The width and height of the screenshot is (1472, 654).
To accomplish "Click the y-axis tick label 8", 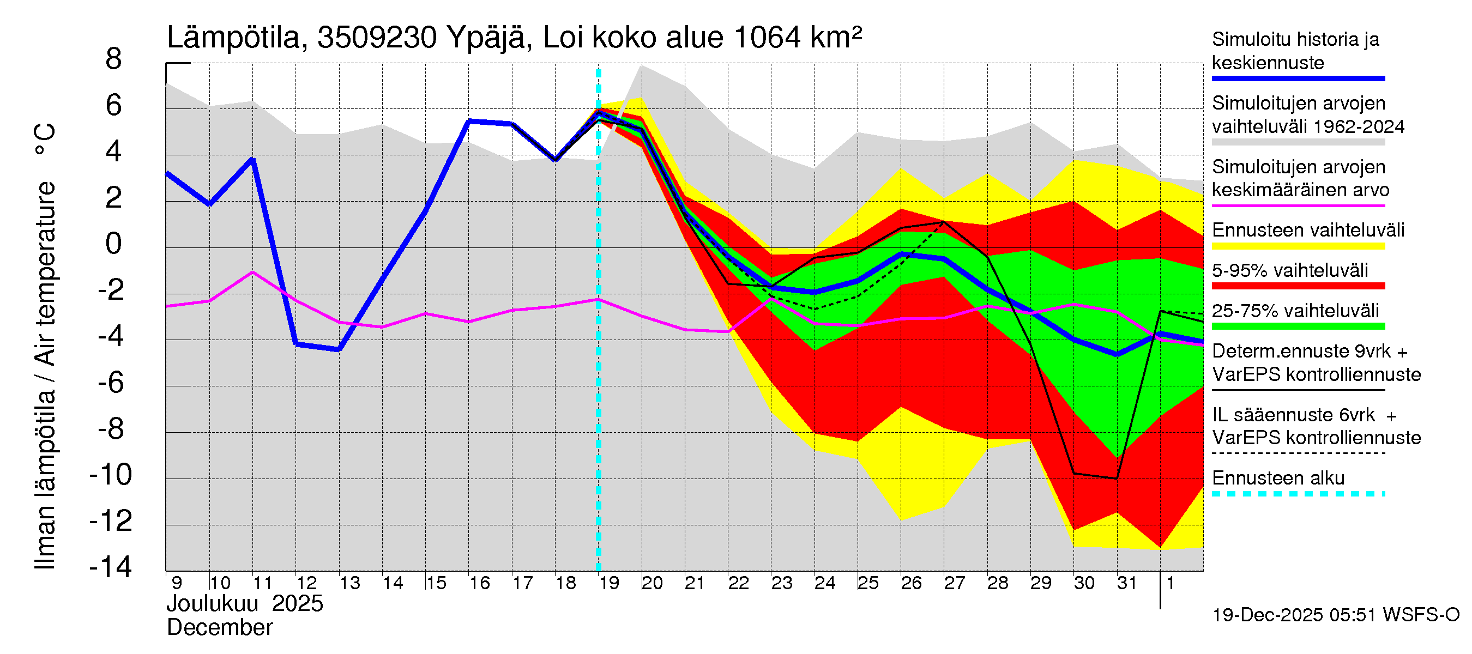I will pyautogui.click(x=114, y=59).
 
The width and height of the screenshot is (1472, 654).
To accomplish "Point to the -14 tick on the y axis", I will pyautogui.click(x=111, y=567).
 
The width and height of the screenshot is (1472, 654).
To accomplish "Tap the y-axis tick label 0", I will pyautogui.click(x=114, y=245).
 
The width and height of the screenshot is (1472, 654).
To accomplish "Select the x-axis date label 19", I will pyautogui.click(x=609, y=583).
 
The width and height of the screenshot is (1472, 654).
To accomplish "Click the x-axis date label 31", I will pyautogui.click(x=1127, y=583).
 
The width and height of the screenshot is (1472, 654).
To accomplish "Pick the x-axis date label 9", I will pyautogui.click(x=177, y=583).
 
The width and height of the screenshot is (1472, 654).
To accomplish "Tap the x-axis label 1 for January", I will pyautogui.click(x=1171, y=583).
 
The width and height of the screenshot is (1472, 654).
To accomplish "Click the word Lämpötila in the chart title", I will pyautogui.click(x=234, y=38).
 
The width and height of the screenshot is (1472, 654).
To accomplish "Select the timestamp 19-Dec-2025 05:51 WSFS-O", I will pyautogui.click(x=1335, y=615).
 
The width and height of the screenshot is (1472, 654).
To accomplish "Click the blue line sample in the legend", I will pyautogui.click(x=1298, y=78).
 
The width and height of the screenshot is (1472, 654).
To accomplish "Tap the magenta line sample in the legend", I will pyautogui.click(x=1298, y=205).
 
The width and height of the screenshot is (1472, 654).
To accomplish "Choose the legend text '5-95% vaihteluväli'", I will pyautogui.click(x=1290, y=271).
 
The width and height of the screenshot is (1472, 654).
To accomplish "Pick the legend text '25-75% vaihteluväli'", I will pyautogui.click(x=1295, y=311).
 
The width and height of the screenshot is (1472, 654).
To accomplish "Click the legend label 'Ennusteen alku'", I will pyautogui.click(x=1278, y=478).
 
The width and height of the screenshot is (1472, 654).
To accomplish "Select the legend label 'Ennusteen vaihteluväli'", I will pyautogui.click(x=1308, y=230).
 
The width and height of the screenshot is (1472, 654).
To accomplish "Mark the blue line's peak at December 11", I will pyautogui.click(x=252, y=159).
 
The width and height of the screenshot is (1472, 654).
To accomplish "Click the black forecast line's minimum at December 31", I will pyautogui.click(x=1117, y=479).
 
